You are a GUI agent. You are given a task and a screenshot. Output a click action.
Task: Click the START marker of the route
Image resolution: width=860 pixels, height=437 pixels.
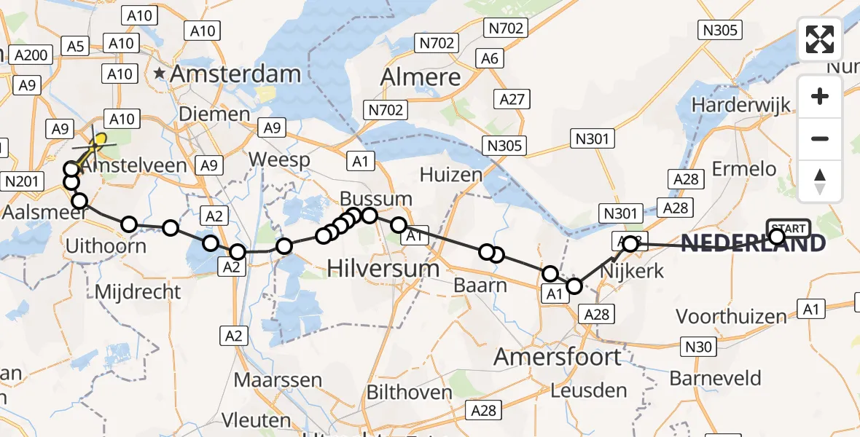tap(787, 229)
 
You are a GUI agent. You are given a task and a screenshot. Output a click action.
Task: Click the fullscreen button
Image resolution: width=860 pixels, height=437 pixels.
tap(820, 40)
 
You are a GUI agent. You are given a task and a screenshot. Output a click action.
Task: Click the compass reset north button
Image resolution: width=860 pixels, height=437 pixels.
tap(820, 181)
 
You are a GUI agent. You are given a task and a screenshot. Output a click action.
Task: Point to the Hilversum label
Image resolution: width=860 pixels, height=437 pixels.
tap(383, 269)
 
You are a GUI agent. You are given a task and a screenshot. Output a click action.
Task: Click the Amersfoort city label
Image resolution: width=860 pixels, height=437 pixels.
tap(558, 357)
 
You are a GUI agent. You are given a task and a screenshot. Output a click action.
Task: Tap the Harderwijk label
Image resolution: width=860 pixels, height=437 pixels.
tap(741, 105)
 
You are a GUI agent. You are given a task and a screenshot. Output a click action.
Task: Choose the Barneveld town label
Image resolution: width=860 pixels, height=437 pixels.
tap(715, 379)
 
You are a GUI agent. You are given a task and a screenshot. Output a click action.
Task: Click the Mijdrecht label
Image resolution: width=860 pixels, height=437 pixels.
tap(138, 292)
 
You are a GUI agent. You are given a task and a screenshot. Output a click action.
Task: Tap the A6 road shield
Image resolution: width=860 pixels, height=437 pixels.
tap(490, 58)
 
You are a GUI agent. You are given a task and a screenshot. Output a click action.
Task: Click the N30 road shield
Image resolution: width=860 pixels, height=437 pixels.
tap(697, 347)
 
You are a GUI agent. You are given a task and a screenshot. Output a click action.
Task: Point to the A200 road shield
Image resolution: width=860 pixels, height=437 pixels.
tap(31, 55)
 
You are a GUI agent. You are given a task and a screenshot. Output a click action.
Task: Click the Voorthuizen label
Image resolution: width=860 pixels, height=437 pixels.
tap(731, 317)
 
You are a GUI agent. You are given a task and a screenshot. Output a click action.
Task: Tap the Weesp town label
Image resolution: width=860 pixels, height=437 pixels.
tap(279, 160)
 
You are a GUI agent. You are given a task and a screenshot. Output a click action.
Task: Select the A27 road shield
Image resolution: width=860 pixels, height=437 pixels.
tap(512, 99)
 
